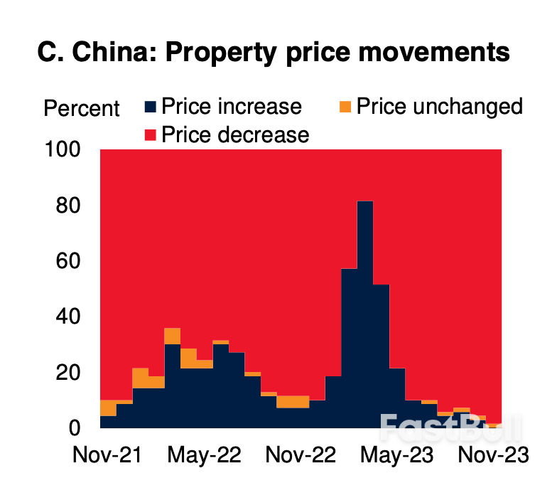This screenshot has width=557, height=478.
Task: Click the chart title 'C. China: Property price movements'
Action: tap(273, 53)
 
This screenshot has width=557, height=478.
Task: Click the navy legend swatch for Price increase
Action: tap(150, 107)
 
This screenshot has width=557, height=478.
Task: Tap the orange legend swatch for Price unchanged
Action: tap(345, 107)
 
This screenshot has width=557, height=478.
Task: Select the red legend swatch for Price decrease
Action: tap(150, 134)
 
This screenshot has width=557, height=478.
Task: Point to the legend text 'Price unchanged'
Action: tap(439, 107)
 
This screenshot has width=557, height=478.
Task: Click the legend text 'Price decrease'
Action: tap(235, 134)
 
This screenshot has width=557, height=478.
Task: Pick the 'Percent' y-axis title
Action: tap(82, 109)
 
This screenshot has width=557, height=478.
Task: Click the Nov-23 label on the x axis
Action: tap(490, 455)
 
